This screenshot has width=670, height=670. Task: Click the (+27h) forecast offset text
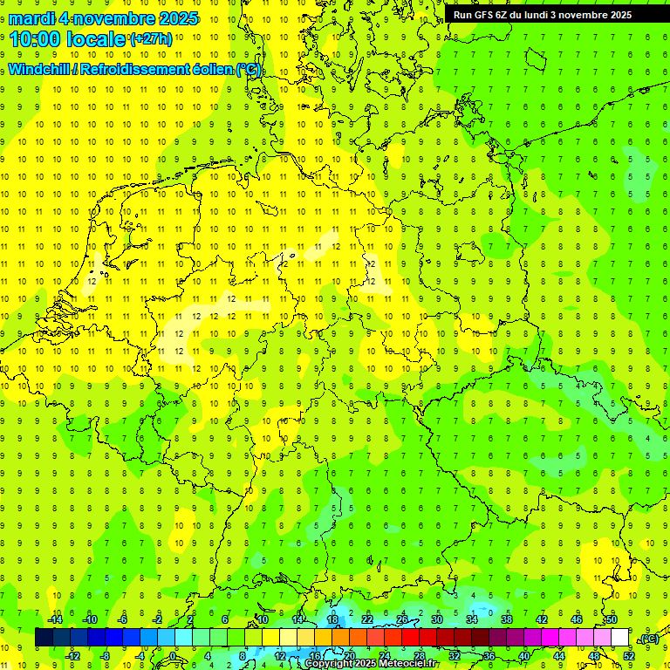[x=151, y=39]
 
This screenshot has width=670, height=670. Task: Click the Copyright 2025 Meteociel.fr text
[x=372, y=664]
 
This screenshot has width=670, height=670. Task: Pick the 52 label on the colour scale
[x=629, y=655]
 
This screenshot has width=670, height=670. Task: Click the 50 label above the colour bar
[x=612, y=619]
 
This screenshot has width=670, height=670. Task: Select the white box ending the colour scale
[x=620, y=637]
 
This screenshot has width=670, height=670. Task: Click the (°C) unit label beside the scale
[x=648, y=639]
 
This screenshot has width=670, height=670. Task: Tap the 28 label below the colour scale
[x=420, y=655]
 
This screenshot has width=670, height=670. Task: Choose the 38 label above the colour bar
[x=507, y=619]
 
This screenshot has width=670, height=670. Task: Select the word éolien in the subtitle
[x=207, y=70]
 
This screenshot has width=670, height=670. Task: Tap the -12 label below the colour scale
[x=73, y=655]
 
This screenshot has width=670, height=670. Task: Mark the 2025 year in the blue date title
[x=174, y=18]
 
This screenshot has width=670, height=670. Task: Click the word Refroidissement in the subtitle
[x=129, y=70]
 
